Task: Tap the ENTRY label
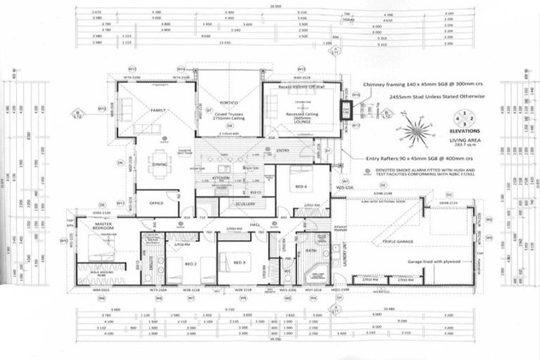283,150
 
